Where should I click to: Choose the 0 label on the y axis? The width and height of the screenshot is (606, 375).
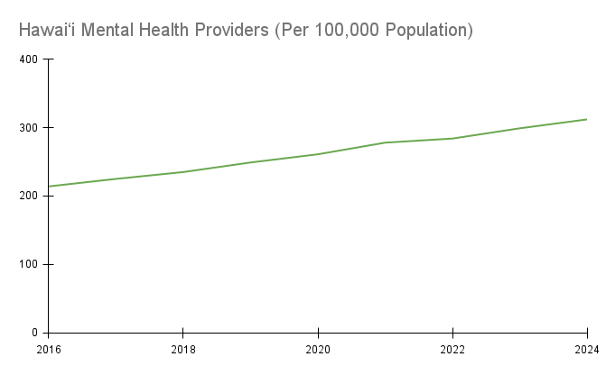click(34, 334)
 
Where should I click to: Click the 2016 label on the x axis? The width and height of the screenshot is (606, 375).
click(48, 349)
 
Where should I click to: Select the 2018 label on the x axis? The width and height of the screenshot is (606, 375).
click(182, 349)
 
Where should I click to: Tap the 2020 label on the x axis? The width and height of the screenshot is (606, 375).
click(317, 349)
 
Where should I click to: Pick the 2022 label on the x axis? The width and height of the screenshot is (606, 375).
click(452, 349)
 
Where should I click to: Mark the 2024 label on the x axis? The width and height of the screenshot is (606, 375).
click(586, 349)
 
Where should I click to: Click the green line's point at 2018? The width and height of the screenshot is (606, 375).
click(182, 172)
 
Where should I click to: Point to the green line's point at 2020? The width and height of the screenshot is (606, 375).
click(317, 154)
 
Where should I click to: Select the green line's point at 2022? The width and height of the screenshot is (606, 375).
click(452, 139)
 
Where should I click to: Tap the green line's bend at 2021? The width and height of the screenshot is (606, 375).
click(385, 142)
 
